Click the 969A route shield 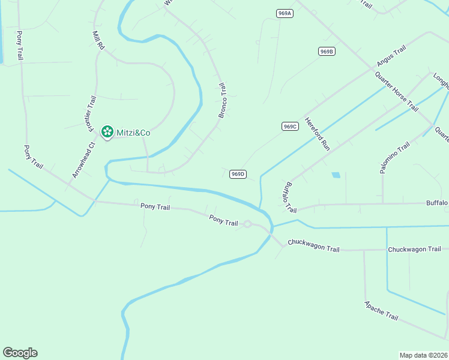tap(285, 13)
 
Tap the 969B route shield tap(327, 52)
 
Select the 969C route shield tap(290, 126)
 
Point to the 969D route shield tap(238, 174)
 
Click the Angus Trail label tap(392, 55)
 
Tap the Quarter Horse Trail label tap(396, 91)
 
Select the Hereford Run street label tap(317, 133)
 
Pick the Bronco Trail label tap(222, 100)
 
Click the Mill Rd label tap(98, 40)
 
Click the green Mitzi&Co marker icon tap(107, 131)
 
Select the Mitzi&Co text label tap(133, 132)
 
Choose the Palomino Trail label tap(395, 158)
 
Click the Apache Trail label tap(381, 310)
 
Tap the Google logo tap(20, 353)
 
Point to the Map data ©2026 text tap(423, 355)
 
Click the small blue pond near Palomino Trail tap(336, 175)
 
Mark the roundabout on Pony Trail tap(247, 224)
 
